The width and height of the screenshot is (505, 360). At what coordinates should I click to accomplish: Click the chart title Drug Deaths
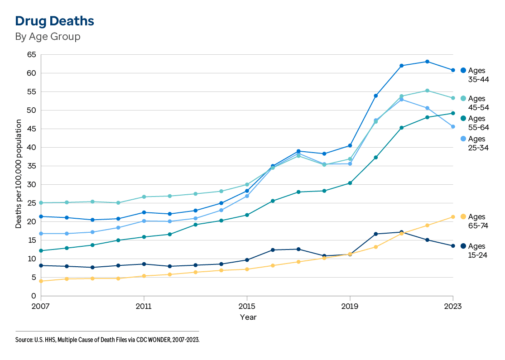point(54,21)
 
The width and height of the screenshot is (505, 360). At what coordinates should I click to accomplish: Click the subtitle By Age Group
point(48,37)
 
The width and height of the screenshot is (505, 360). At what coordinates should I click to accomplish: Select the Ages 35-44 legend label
point(476,75)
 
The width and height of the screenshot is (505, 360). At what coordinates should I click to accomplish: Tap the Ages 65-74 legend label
point(476,221)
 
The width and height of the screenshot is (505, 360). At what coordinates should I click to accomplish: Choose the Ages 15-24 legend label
point(476,250)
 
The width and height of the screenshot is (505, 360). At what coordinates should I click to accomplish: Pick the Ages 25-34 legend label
point(476,143)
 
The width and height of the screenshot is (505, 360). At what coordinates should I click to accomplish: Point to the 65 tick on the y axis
point(31,55)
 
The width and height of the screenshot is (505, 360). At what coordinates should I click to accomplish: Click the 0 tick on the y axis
point(34,296)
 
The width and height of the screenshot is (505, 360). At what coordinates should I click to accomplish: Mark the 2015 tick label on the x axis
point(246,307)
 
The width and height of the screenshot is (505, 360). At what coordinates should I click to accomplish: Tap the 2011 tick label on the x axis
point(144,307)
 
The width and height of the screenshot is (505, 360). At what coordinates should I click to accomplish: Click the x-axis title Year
point(248,317)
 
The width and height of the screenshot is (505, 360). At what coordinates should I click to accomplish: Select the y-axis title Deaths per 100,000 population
point(19,174)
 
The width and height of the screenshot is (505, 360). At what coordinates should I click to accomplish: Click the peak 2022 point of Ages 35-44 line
point(427,62)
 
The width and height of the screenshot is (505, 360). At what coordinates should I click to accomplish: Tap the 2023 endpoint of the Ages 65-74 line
point(453,217)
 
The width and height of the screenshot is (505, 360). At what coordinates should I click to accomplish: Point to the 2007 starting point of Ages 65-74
point(41,281)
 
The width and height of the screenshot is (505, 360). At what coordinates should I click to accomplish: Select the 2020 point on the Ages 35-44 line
point(375,96)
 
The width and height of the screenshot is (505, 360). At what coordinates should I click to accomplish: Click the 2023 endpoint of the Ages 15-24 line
point(453,246)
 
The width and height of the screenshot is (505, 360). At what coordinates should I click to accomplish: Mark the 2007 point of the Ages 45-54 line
point(41,203)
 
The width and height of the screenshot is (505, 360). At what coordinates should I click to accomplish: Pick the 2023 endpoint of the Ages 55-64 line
point(453,113)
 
